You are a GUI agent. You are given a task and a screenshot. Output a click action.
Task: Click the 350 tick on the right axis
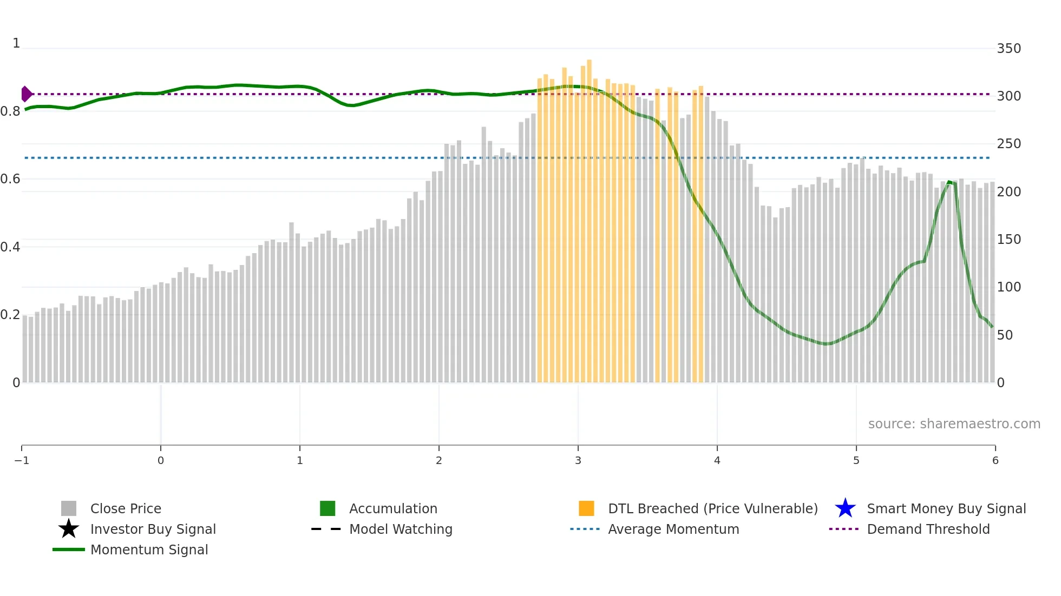1008,49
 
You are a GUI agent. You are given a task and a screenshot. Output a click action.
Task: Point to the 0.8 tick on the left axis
10,111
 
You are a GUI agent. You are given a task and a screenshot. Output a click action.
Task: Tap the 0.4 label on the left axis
10,247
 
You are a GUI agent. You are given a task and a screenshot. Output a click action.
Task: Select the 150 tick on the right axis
1008,240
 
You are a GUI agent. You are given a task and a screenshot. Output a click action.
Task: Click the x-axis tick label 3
578,461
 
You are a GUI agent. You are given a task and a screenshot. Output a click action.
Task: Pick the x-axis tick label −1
22,461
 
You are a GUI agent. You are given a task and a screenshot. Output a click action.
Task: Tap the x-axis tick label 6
995,461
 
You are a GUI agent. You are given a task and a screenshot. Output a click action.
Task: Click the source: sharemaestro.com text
954,424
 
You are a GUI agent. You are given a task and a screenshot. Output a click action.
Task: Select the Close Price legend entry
126,509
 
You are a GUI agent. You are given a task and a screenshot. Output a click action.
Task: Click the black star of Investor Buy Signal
69,529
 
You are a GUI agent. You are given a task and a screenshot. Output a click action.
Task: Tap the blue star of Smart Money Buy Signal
845,508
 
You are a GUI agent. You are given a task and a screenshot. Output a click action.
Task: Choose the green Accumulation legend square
328,508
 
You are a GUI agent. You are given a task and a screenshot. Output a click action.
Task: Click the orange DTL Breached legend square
586,508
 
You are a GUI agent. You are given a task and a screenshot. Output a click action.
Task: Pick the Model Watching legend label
401,529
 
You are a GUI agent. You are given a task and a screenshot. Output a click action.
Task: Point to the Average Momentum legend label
673,529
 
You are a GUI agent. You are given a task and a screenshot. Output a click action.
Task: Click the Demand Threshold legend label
928,529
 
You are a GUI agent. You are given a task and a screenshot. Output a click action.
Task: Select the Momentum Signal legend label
149,550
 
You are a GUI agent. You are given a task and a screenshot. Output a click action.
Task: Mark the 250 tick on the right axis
1008,144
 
